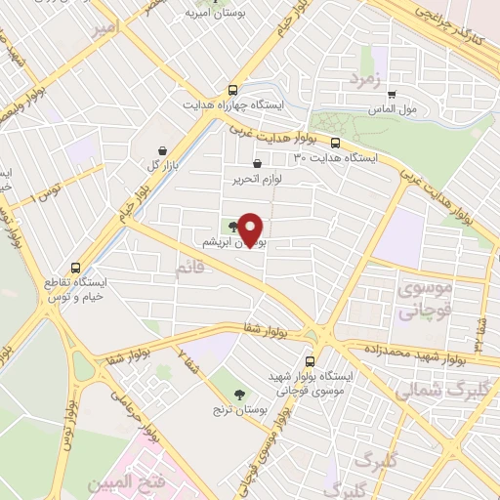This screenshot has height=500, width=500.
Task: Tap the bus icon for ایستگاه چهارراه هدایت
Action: point(232,87)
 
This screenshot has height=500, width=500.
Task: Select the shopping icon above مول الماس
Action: point(392,95)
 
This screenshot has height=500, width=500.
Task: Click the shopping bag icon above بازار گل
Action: point(160,149)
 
